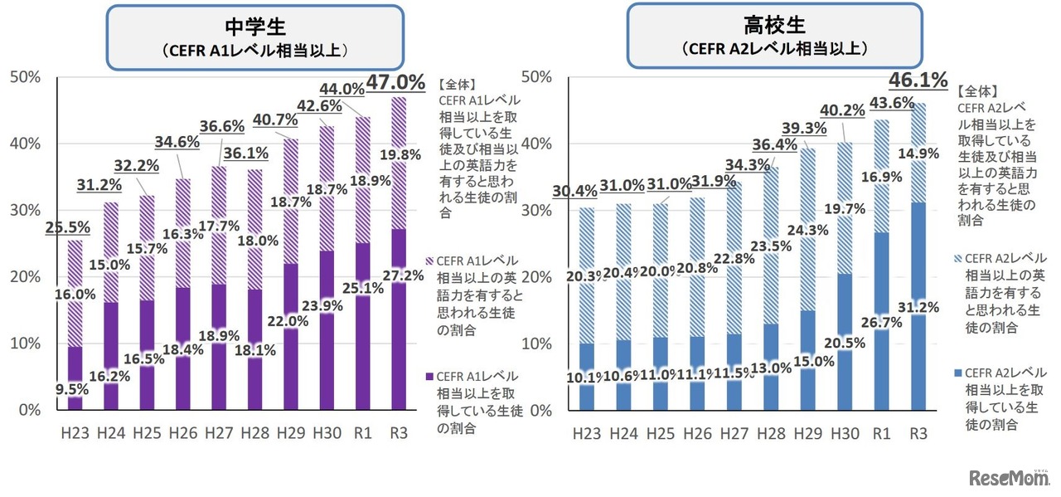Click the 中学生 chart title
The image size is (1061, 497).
(x=255, y=26)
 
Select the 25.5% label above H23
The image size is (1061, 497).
(x=67, y=226)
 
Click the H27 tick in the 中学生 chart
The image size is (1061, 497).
(x=219, y=432)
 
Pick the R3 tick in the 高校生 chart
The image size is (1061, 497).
(x=918, y=433)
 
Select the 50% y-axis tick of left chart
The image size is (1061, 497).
(x=24, y=77)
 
